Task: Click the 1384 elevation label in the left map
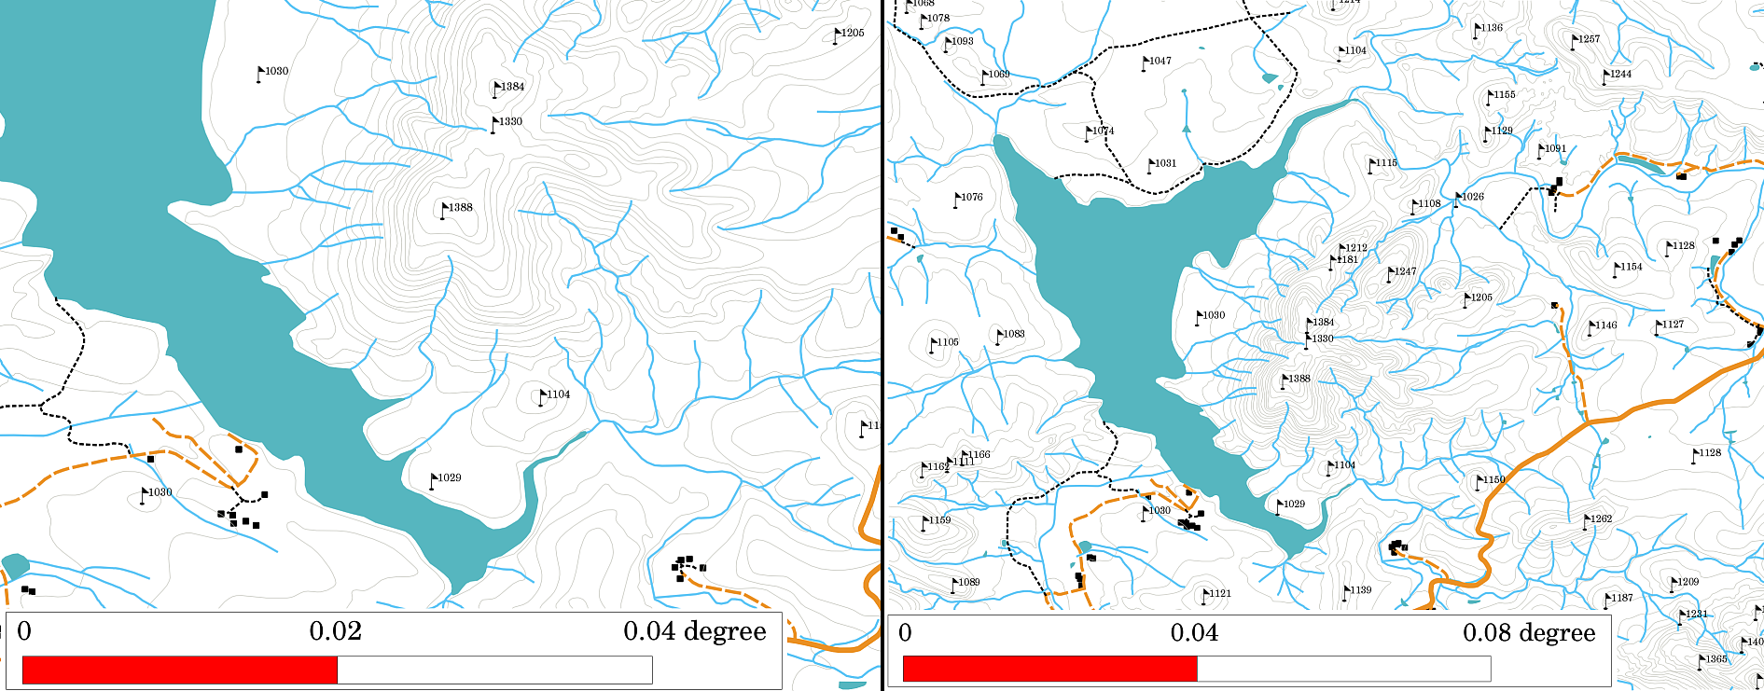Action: pos(512,87)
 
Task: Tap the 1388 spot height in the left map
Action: pos(460,207)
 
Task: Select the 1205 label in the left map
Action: pos(852,33)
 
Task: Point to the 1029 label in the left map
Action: pos(449,477)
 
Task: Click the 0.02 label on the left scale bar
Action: pos(335,631)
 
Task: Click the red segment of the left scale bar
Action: pos(179,670)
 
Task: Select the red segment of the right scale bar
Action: pos(1049,669)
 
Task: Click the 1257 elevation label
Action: pos(1588,39)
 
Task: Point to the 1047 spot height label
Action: pos(1160,61)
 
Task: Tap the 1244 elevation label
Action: pos(1620,74)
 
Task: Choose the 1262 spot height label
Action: pos(1601,518)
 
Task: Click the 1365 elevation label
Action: pos(1716,658)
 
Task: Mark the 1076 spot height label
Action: pos(971,197)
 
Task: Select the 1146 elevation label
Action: pos(1605,325)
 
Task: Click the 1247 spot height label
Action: pos(1405,271)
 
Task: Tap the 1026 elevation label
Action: pos(1472,197)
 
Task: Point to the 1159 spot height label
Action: pos(939,520)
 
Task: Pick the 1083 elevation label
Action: pos(1013,334)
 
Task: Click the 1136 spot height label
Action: pos(1492,28)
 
